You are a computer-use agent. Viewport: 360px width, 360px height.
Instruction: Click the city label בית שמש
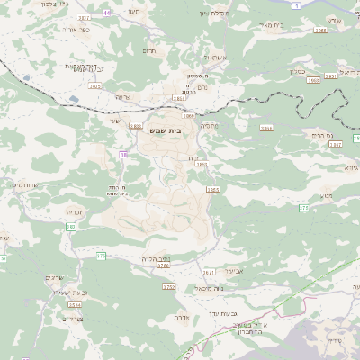pos(167,129)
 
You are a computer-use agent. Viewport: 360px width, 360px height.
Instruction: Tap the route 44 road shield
pos(108,13)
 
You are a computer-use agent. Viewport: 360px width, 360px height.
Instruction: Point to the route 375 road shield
pos(102,256)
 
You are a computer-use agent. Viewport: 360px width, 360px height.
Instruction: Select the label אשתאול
pos(213,57)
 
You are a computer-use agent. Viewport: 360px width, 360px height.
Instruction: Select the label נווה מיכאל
pos(184,288)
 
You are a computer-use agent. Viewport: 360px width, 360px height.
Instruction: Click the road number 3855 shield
pos(213,190)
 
